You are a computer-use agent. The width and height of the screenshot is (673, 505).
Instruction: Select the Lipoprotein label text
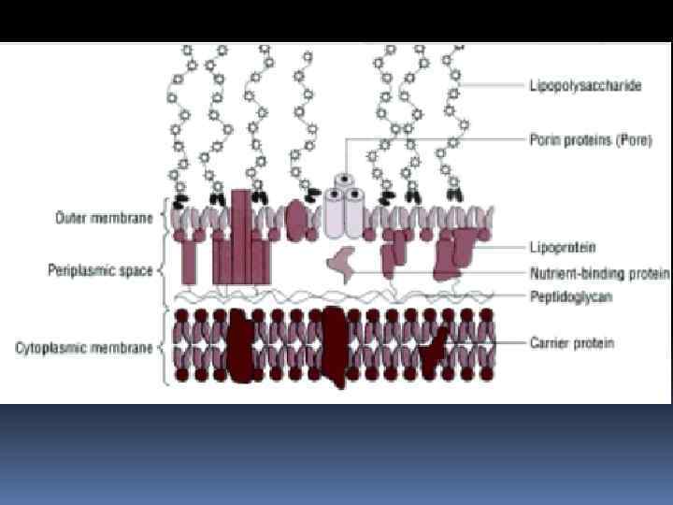pos(561,247)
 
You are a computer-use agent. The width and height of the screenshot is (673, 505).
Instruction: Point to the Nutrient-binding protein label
pos(599,274)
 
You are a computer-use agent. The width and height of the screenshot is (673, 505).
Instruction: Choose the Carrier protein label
pos(569,343)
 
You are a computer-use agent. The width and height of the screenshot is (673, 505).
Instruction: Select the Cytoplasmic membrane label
pos(84,348)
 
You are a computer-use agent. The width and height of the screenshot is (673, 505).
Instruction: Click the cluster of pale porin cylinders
pos(343,210)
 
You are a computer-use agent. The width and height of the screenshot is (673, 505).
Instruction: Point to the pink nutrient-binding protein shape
pos(344,266)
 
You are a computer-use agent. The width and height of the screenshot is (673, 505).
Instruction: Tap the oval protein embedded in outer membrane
pos(297,222)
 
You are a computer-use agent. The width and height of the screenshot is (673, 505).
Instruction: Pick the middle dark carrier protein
pos(335,346)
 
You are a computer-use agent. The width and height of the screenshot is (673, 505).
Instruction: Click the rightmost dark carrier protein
pos(433,350)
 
